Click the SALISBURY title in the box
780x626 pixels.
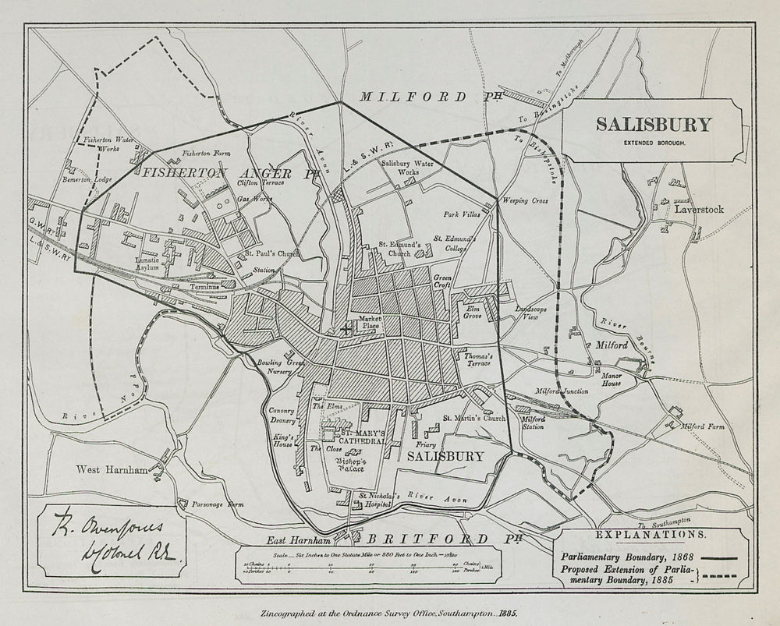pos(654,125)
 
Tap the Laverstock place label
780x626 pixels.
pos(699,210)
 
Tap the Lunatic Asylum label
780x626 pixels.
pos(147,263)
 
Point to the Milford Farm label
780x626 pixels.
pos(703,426)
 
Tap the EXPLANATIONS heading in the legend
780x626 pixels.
pos(651,535)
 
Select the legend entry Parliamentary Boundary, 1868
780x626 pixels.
pos(624,558)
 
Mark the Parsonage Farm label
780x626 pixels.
pos(218,504)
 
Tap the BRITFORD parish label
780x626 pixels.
pos(427,539)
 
